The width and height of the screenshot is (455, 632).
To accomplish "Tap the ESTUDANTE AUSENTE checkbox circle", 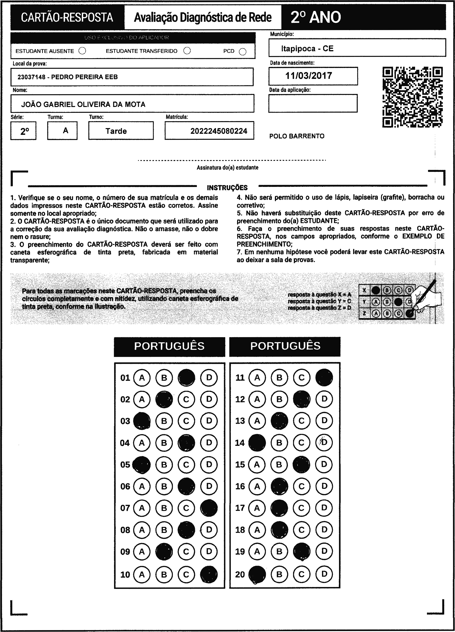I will pos(82,51).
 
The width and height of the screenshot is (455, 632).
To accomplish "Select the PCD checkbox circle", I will pos(243,52).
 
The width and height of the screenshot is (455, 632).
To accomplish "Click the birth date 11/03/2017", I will pos(309,76).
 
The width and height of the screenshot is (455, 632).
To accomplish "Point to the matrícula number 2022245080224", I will pos(219,131).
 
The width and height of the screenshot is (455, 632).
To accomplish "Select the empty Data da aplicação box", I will pos(313,103).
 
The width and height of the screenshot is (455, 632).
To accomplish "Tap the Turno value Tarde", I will pos(116,131).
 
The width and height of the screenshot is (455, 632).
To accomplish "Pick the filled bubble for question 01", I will pos(186,378).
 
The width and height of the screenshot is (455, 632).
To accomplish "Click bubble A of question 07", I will pos(142,508).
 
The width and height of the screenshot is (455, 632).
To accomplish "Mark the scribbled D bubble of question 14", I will pos(324,443).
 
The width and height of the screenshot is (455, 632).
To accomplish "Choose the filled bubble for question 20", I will pos(257,574).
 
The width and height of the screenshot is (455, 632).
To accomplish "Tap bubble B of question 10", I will pos(164,574).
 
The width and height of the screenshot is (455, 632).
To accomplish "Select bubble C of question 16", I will pos(302,486).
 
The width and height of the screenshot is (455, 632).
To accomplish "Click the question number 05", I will pos(125,464).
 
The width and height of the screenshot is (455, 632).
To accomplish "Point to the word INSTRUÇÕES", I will pos(227,188).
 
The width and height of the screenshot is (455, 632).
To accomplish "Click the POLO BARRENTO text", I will pos(297,136).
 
